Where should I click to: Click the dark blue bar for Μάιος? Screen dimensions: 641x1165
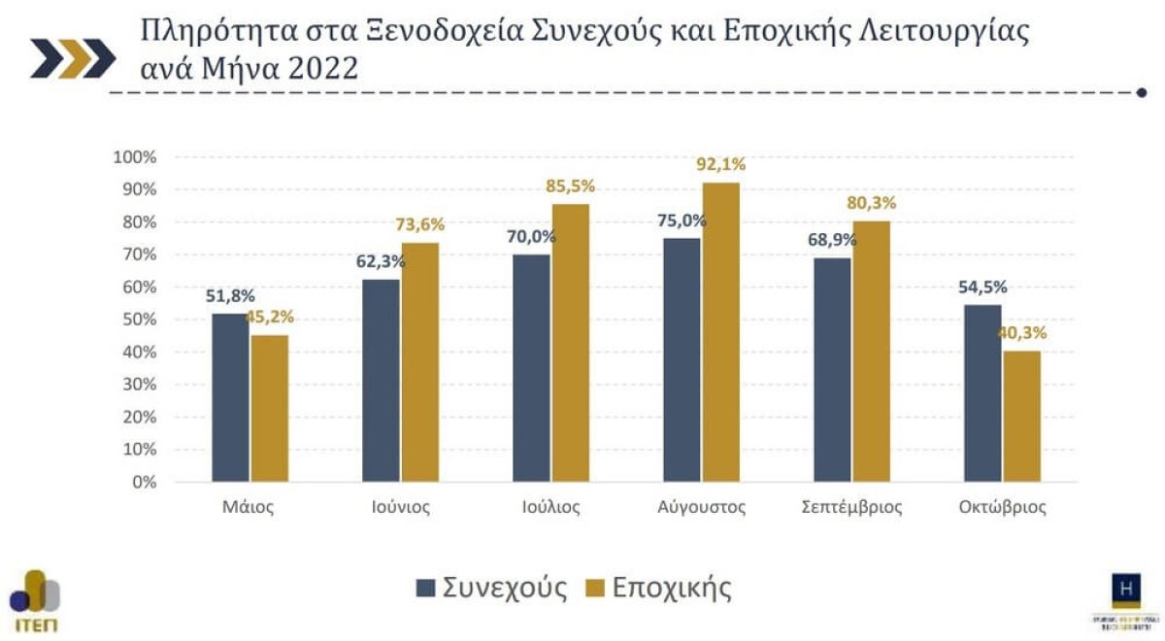pyautogui.click(x=230, y=397)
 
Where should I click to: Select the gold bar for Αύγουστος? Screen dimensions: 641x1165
pyautogui.click(x=720, y=332)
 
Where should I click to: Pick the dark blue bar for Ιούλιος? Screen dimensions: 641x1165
pyautogui.click(x=531, y=368)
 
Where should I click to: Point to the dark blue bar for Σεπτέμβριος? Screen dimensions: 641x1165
pyautogui.click(x=832, y=370)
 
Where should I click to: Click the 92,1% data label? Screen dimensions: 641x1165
pyautogui.click(x=720, y=164)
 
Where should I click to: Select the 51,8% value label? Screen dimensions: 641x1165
pyautogui.click(x=230, y=295)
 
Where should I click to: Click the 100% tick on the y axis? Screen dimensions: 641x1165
pyautogui.click(x=134, y=157)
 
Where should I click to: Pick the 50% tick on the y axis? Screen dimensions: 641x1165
pyautogui.click(x=138, y=320)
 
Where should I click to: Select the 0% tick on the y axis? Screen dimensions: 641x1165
pyautogui.click(x=142, y=482)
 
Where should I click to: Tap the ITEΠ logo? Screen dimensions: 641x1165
pyautogui.click(x=35, y=600)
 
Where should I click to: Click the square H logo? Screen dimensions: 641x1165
pyautogui.click(x=1126, y=589)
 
